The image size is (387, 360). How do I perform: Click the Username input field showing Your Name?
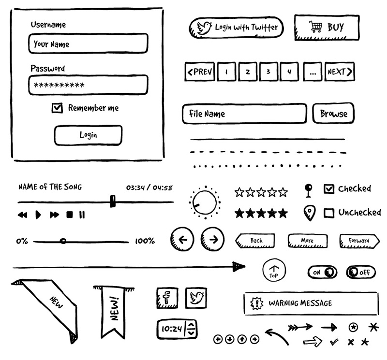tap(88, 44)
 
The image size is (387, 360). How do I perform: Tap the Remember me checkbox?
tap(57, 108)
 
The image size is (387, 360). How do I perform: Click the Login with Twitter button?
tap(236, 28)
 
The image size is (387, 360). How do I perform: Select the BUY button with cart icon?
tap(327, 28)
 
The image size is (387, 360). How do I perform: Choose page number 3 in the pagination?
tap(268, 72)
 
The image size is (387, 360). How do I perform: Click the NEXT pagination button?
tap(339, 72)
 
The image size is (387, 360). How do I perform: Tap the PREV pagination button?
tap(199, 72)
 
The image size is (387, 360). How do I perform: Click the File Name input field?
tap(244, 114)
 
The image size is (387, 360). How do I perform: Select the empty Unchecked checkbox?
tap(329, 213)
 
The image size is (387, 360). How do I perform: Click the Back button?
tap(255, 241)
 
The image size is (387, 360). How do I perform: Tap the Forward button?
tap(358, 241)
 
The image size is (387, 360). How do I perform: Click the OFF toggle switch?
tap(360, 273)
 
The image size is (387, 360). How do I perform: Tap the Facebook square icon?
tap(167, 298)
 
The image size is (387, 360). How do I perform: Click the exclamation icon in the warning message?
tap(256, 303)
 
